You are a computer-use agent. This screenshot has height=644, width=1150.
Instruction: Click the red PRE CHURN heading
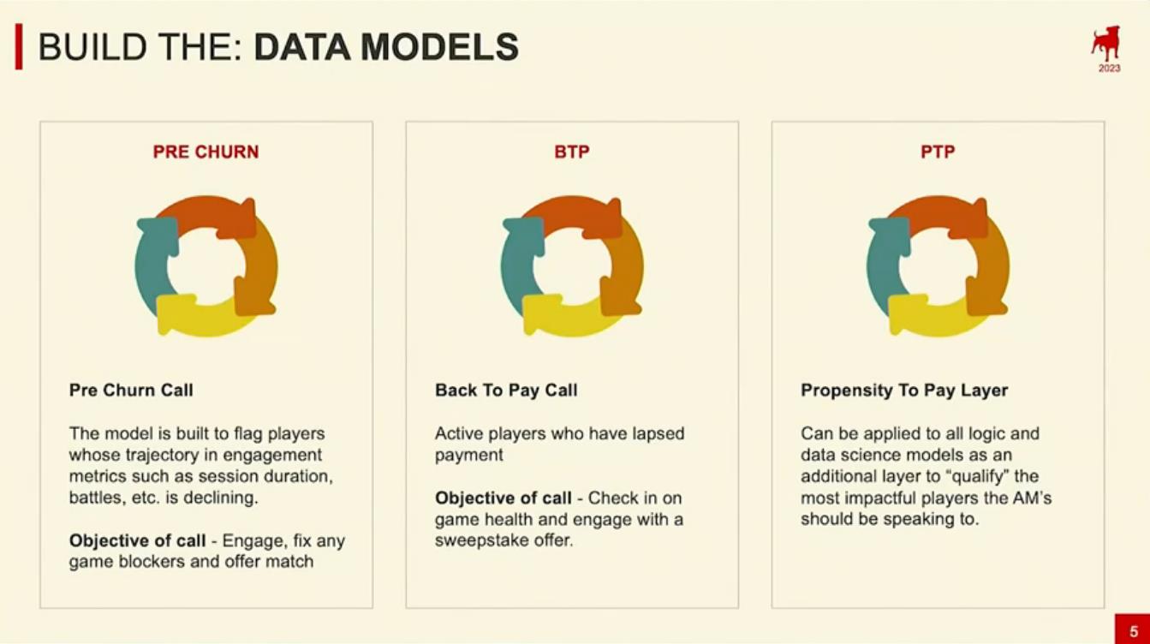tap(206, 152)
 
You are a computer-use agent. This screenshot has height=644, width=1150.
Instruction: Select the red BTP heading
tap(572, 152)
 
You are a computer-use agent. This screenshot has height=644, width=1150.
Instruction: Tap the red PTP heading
tap(938, 152)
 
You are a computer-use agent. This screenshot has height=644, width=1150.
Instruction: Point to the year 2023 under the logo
tap(1110, 69)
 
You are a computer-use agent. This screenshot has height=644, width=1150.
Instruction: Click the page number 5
tap(1134, 631)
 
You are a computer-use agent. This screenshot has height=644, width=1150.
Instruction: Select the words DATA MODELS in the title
tap(386, 47)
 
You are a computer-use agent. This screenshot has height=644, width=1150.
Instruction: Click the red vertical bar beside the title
tap(19, 46)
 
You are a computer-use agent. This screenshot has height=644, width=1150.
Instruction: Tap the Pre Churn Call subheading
tap(131, 391)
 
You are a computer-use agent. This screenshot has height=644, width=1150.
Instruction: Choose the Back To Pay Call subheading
tap(506, 391)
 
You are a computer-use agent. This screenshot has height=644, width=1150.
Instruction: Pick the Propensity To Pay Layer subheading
tap(904, 391)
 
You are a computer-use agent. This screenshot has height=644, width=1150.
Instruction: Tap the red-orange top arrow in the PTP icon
tap(939, 216)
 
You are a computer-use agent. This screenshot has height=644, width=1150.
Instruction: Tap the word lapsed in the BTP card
tap(658, 434)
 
